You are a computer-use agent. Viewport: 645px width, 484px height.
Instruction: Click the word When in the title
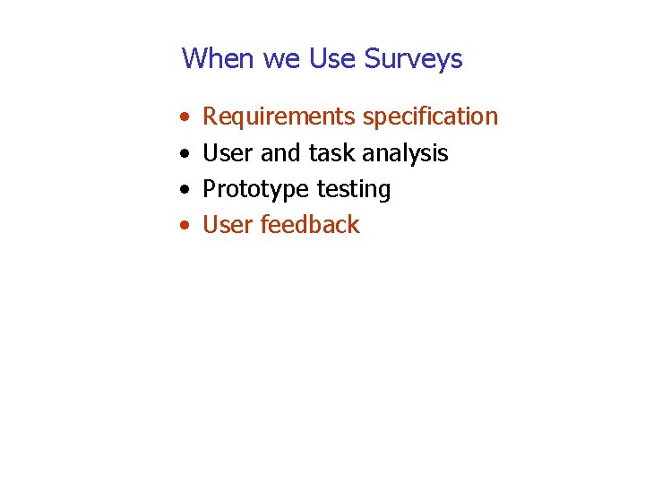(219, 59)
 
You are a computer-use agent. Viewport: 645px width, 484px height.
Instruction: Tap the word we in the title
(282, 60)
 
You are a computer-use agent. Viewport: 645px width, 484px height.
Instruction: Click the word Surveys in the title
(414, 60)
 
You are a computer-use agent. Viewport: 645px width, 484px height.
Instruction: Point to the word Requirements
(279, 117)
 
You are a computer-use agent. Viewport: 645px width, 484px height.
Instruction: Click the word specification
(430, 117)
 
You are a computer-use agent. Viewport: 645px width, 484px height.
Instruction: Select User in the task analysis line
(228, 153)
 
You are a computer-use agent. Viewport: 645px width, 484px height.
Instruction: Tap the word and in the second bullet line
(281, 153)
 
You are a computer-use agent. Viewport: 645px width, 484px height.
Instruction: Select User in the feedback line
(228, 225)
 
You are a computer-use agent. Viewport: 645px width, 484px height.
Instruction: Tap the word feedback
(310, 225)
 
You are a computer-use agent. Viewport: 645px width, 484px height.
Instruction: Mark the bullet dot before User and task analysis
(184, 154)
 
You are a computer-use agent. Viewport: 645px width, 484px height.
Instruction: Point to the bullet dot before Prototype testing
(184, 190)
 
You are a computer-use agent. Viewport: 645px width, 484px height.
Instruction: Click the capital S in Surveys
(374, 59)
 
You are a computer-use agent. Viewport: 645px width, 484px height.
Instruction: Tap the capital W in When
(193, 59)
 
